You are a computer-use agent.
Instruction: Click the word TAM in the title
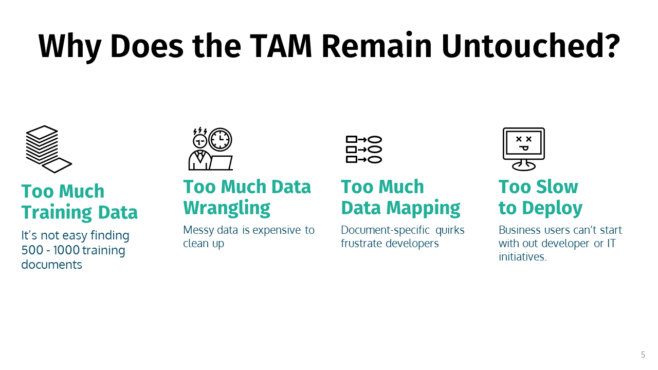pyautogui.click(x=281, y=46)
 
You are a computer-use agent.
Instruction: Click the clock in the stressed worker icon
pyautogui.click(x=220, y=139)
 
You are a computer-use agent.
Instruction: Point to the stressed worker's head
pyautogui.click(x=200, y=141)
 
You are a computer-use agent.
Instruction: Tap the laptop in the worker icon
pyautogui.click(x=221, y=163)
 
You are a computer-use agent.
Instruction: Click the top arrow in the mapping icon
pyautogui.click(x=362, y=139)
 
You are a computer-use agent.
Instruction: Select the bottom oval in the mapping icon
pyautogui.click(x=375, y=160)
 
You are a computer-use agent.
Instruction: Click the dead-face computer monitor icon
pyautogui.click(x=523, y=149)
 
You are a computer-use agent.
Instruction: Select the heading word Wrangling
pyautogui.click(x=227, y=208)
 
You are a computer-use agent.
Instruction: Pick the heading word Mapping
pyautogui.click(x=423, y=208)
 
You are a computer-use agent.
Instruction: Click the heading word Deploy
pyautogui.click(x=552, y=208)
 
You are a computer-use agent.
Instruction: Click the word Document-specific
pyautogui.click(x=385, y=230)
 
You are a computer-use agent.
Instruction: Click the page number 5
pyautogui.click(x=643, y=355)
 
